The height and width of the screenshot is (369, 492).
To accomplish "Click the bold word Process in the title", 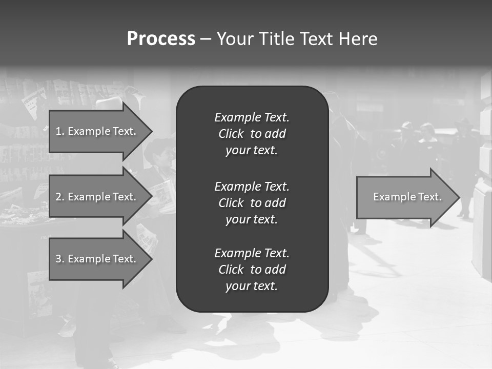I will [161, 39].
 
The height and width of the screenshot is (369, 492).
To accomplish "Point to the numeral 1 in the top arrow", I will [58, 131].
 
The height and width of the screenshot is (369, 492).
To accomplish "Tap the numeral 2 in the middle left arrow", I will [58, 197].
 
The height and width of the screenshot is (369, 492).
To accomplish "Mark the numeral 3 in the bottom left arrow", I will [58, 259].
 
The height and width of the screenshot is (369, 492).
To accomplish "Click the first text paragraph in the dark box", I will [252, 134].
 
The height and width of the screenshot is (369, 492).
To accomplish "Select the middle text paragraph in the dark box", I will [252, 203].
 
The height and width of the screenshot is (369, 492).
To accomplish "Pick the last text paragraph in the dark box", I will [252, 270].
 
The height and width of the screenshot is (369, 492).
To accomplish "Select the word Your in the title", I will [235, 39].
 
